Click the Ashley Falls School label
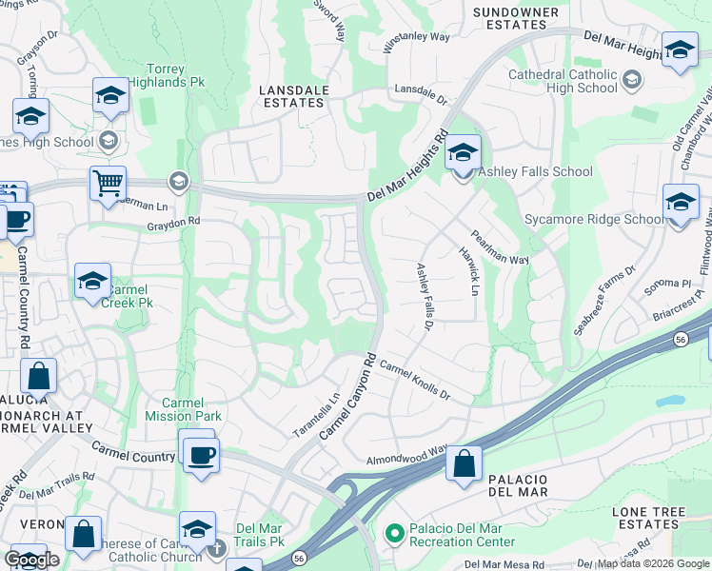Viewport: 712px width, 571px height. tap(534, 172)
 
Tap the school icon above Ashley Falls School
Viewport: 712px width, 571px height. tap(463, 151)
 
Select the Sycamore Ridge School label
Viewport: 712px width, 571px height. tap(594, 220)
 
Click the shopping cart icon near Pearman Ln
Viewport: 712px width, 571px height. tap(108, 182)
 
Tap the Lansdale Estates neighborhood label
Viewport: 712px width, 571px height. tap(296, 98)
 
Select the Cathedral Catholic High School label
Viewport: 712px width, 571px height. tap(563, 81)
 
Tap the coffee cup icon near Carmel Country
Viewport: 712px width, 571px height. tap(201, 454)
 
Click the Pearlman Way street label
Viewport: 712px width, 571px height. tap(499, 246)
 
